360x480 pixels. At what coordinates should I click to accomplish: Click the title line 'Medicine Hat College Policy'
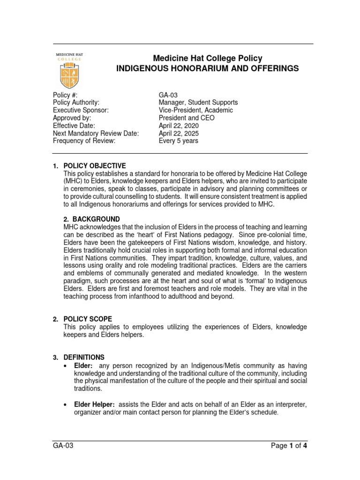click(x=207, y=58)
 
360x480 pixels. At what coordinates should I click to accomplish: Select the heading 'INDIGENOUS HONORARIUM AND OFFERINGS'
click(x=207, y=68)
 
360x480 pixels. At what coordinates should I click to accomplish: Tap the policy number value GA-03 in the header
click(x=168, y=95)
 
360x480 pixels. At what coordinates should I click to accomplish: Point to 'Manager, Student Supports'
click(x=198, y=103)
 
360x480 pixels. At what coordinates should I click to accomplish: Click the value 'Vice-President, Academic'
click(x=196, y=110)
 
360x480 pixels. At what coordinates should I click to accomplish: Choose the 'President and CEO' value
click(x=187, y=118)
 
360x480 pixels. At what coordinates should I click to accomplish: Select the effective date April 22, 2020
click(x=179, y=126)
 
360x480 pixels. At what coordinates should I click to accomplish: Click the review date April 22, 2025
click(x=179, y=134)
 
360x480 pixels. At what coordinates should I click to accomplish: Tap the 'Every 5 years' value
click(x=179, y=141)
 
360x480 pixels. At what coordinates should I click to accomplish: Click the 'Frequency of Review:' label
click(x=84, y=141)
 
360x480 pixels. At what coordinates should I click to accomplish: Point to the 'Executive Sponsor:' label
click(x=81, y=110)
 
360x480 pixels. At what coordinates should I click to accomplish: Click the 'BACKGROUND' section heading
click(x=96, y=219)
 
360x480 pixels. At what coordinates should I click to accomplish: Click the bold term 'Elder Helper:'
click(x=94, y=405)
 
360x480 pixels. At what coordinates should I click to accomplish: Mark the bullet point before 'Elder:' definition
click(x=66, y=365)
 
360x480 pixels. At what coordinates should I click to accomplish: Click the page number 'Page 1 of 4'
click(x=289, y=446)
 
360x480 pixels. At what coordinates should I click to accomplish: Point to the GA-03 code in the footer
click(x=63, y=446)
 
